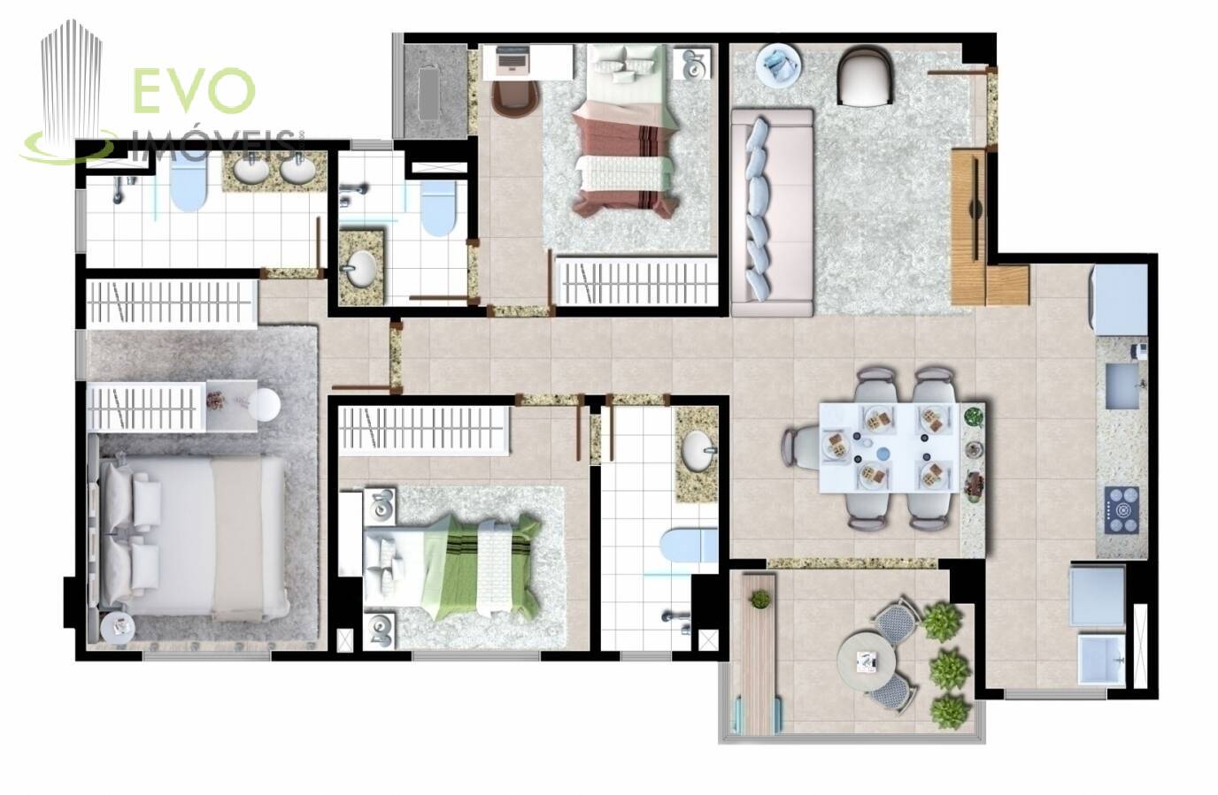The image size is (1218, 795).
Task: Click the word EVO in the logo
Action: (194, 90)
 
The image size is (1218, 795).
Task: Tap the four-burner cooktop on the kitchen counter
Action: (1122, 509)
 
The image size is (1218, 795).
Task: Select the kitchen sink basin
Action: (1122, 386)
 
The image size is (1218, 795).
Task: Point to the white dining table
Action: (890, 447)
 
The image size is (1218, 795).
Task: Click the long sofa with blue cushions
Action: (772, 212)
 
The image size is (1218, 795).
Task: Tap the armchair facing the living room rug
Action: (865, 76)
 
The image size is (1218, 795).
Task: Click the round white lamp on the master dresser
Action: (265, 404)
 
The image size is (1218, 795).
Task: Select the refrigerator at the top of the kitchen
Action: (1120, 301)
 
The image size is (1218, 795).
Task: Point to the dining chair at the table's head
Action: (800, 447)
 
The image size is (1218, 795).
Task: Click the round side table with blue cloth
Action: (779, 65)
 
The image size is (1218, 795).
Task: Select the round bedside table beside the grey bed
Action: (118, 628)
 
